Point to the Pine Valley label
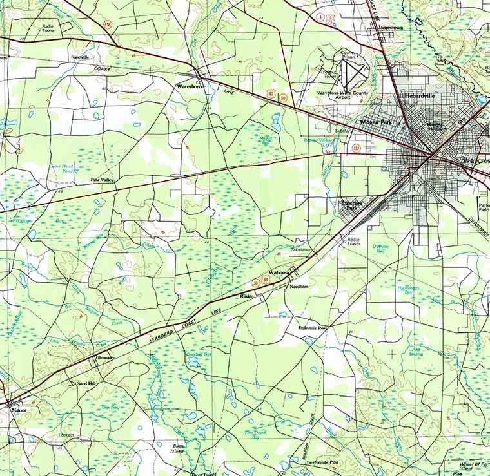[x=102, y=180]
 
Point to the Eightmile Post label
[x=313, y=328]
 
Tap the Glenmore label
[x=105, y=358]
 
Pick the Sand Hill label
[x=86, y=383]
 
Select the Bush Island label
[x=179, y=448]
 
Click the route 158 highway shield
[x=107, y=24]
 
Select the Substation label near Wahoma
[x=301, y=249]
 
